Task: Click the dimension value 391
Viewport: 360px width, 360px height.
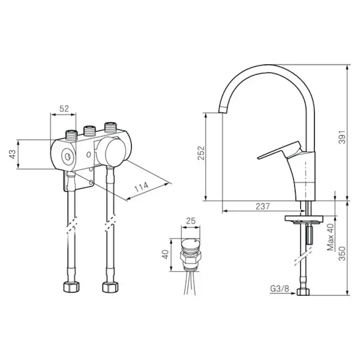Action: click(x=342, y=137)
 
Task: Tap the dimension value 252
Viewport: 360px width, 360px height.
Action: click(x=201, y=153)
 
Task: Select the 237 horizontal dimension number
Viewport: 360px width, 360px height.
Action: click(x=263, y=206)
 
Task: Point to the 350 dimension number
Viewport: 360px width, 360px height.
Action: click(x=342, y=253)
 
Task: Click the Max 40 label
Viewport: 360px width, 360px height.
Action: click(x=330, y=237)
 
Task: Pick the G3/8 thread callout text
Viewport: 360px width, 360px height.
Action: click(x=280, y=289)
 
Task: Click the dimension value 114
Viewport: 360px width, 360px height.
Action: click(x=142, y=187)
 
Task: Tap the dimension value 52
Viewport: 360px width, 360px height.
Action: click(x=64, y=108)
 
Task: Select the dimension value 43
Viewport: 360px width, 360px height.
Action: click(x=13, y=154)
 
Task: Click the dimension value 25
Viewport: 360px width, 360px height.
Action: click(x=190, y=221)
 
